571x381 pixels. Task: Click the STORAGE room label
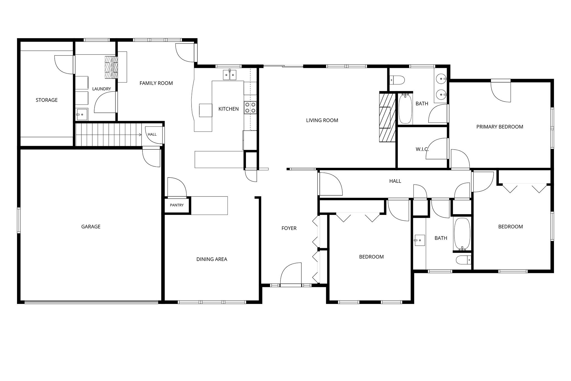tap(47, 100)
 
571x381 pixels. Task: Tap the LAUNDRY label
tap(101, 89)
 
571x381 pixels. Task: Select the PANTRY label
tap(177, 205)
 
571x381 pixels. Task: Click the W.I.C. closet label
tap(422, 149)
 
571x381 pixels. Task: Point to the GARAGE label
tap(91, 227)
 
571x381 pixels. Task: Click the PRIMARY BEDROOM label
tap(500, 127)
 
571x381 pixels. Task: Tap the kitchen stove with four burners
tap(250, 107)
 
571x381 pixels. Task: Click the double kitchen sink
tap(230, 75)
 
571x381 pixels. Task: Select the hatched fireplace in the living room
tap(388, 117)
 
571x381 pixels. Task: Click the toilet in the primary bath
tap(397, 80)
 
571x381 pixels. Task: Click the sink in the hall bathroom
tap(420, 240)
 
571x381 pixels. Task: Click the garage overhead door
tap(91, 302)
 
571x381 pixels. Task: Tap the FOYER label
tap(289, 228)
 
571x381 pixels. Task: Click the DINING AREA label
tap(212, 259)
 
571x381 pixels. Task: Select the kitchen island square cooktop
tap(205, 110)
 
